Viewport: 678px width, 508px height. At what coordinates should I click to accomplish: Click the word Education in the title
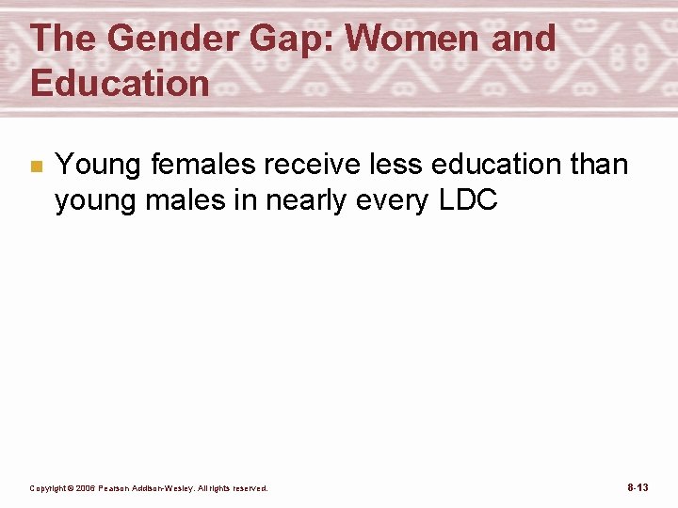120,83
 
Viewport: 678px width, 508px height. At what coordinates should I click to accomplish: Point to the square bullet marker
36,167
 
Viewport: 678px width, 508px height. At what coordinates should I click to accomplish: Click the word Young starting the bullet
98,165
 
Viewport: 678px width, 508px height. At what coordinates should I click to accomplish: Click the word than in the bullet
597,165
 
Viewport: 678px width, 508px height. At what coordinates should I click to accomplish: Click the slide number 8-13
638,487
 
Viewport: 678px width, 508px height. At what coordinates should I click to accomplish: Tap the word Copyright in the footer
46,488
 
